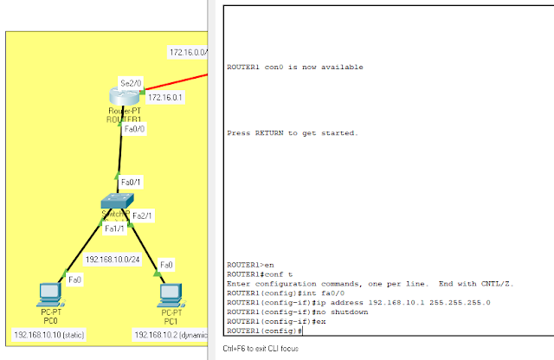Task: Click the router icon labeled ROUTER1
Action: click(x=119, y=98)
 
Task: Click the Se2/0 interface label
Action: click(x=130, y=83)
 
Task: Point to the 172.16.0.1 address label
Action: click(x=166, y=97)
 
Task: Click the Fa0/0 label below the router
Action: click(x=134, y=129)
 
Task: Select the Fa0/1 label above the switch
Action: click(x=131, y=183)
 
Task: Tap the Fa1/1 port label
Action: click(x=114, y=228)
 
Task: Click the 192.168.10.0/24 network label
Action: click(x=113, y=259)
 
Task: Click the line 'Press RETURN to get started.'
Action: click(x=292, y=133)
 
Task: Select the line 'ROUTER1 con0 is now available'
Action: click(x=294, y=67)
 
